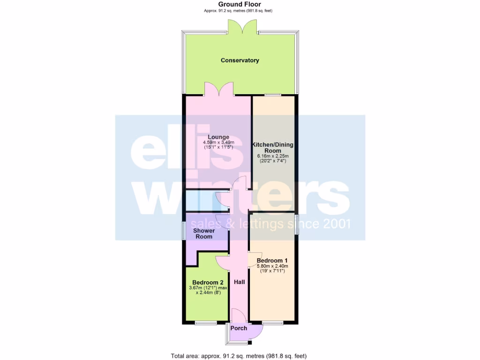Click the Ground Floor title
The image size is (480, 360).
pyautogui.click(x=240, y=4)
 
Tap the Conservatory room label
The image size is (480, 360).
pyautogui.click(x=240, y=60)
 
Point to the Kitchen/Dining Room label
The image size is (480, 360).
pyautogui.click(x=273, y=148)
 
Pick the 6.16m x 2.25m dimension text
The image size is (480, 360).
pyautogui.click(x=273, y=156)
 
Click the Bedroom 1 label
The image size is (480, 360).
pyautogui.click(x=272, y=261)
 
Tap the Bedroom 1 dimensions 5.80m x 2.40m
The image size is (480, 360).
pyautogui.click(x=272, y=266)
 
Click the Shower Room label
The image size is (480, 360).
pyautogui.click(x=204, y=233)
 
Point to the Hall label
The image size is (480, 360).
pyautogui.click(x=240, y=282)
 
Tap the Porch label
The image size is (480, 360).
pyautogui.click(x=239, y=328)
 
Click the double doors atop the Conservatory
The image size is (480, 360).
pyautogui.click(x=243, y=27)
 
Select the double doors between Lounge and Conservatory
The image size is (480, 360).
pyautogui.click(x=219, y=89)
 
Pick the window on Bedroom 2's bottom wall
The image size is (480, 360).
pyautogui.click(x=206, y=322)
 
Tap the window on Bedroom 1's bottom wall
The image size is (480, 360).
pyautogui.click(x=272, y=322)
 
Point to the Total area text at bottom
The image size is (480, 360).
pyautogui.click(x=240, y=356)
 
